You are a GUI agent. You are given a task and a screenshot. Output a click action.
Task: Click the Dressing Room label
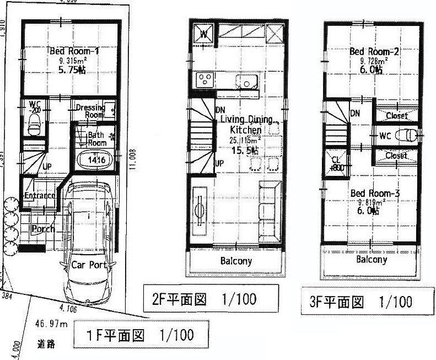[x=90, y=111]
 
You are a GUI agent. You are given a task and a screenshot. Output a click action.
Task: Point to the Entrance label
[x=39, y=195]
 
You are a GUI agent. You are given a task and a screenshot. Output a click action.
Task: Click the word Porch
[x=42, y=228]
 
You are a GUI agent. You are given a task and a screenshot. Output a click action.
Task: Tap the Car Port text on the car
[x=89, y=264]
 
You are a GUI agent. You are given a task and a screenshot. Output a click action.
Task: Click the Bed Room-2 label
[x=374, y=52]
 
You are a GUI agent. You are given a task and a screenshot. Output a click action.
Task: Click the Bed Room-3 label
[x=375, y=193]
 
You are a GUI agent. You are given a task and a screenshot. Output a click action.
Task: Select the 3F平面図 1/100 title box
[x=357, y=302]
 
